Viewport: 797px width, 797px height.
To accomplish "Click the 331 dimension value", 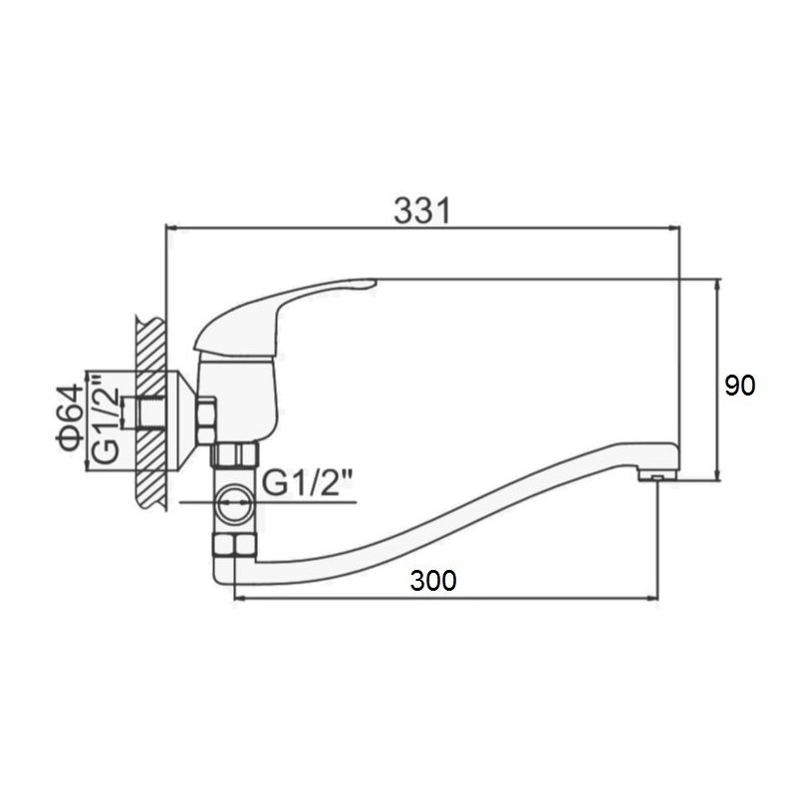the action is (x=421, y=211).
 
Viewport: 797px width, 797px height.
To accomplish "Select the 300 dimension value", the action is (x=433, y=581).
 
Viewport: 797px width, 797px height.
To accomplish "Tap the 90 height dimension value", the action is (x=739, y=386).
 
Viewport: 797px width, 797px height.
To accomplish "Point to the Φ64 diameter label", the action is (x=70, y=417).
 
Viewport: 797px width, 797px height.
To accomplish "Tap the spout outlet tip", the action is (x=657, y=475).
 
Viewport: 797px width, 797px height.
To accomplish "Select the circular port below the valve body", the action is (x=234, y=502).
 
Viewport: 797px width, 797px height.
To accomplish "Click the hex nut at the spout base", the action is (x=234, y=545).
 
